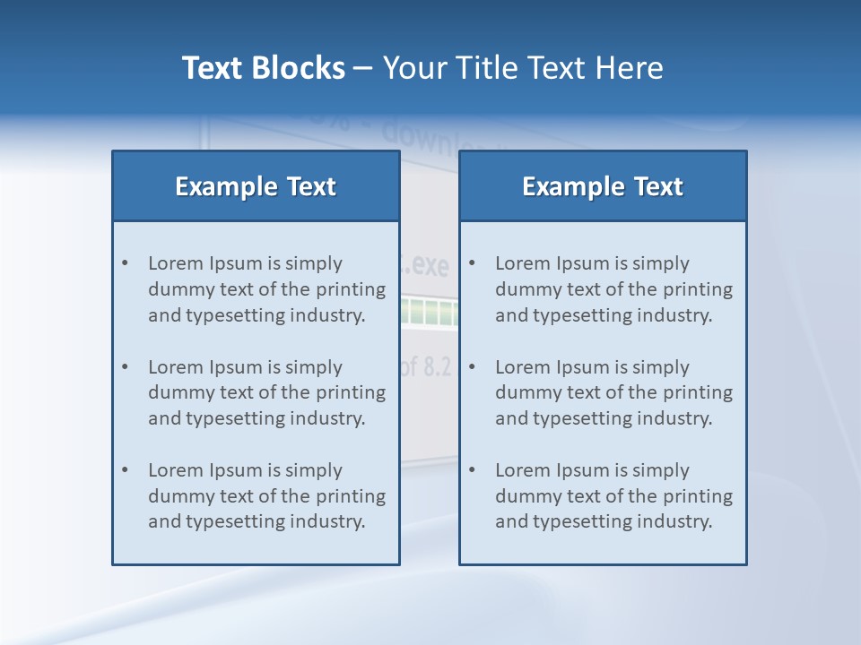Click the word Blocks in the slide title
(298, 68)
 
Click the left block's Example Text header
(256, 186)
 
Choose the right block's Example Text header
(603, 186)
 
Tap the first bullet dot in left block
(126, 263)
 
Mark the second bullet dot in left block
(126, 367)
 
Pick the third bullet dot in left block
(126, 470)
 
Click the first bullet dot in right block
(473, 263)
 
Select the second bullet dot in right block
(473, 367)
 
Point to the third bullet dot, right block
(473, 470)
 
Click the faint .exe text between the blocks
(429, 266)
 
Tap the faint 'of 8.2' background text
(427, 367)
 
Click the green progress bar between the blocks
(429, 312)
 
